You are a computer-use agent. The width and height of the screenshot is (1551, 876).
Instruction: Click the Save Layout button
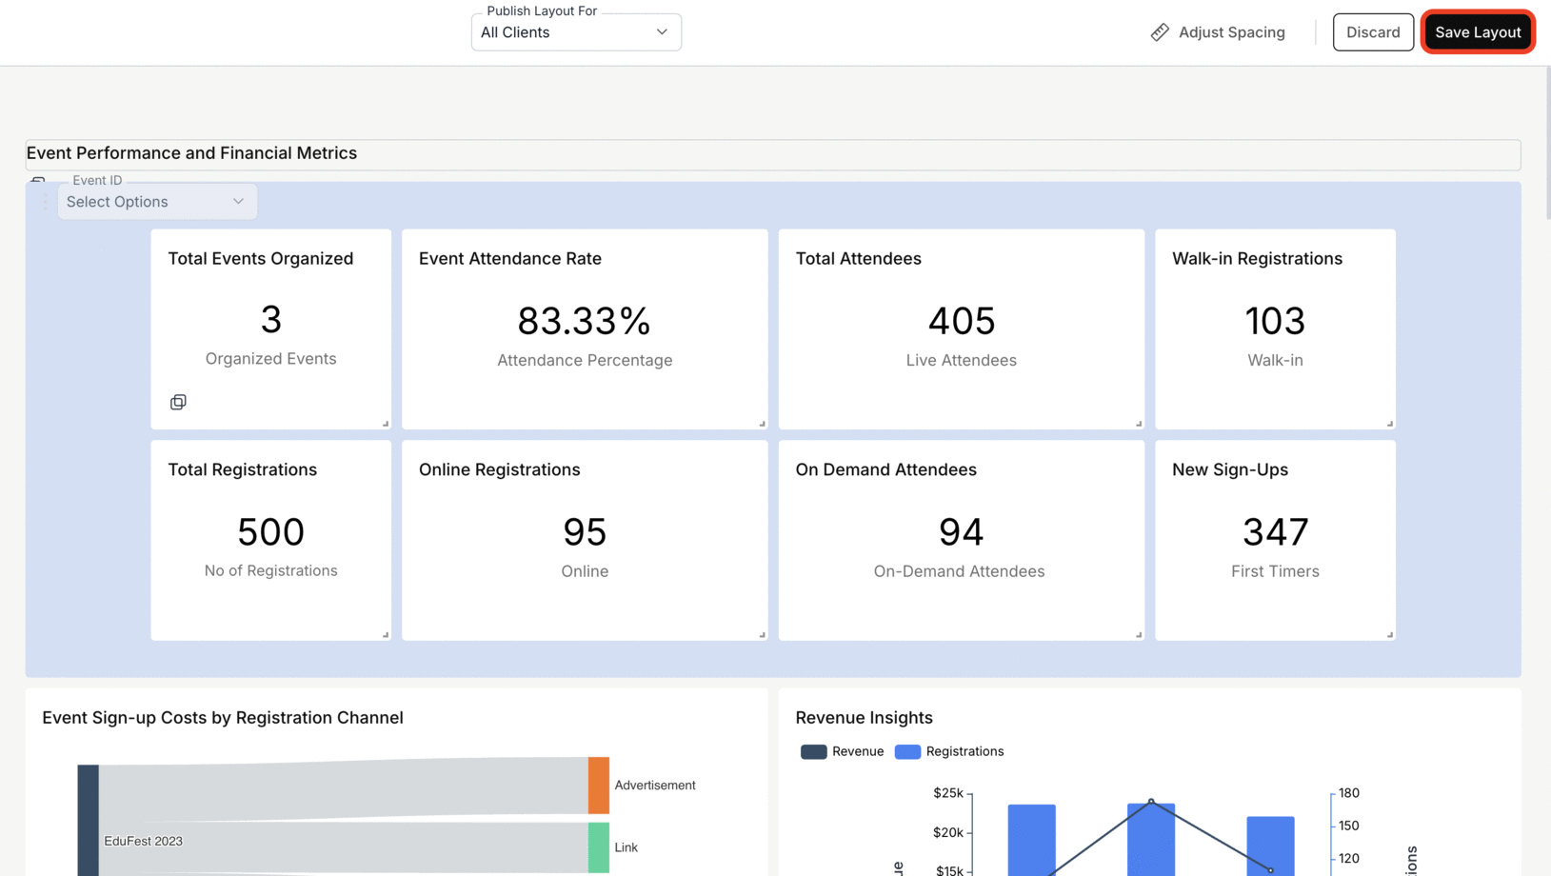point(1478,32)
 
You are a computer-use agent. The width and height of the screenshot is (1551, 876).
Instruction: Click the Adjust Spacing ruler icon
point(1160,32)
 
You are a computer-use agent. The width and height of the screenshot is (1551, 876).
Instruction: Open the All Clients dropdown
point(576,32)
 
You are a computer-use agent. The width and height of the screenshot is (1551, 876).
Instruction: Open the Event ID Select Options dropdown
point(157,202)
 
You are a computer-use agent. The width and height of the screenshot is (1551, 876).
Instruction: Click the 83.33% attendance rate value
point(584,321)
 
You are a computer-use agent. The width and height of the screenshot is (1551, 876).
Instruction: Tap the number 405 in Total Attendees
point(961,321)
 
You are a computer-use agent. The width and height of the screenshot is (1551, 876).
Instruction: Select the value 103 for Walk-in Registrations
point(1275,321)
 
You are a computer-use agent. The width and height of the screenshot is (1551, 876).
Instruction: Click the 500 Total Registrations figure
point(270,531)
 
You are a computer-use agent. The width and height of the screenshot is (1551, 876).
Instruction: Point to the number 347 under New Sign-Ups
point(1275,531)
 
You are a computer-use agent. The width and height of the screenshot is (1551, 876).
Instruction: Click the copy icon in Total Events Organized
point(178,402)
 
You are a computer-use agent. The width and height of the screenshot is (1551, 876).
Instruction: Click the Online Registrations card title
point(499,469)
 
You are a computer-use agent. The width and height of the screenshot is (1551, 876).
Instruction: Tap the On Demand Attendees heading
point(885,469)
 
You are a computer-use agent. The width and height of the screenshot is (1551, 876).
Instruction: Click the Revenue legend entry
point(843,751)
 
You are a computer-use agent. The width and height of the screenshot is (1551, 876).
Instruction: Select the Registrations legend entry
point(950,751)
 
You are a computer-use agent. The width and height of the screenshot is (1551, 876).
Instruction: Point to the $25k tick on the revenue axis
point(948,792)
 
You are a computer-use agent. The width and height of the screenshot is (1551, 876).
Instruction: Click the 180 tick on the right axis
point(1348,792)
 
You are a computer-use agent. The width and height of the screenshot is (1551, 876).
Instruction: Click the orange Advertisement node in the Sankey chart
point(599,786)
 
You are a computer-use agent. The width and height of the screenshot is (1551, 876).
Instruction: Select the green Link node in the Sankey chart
point(599,847)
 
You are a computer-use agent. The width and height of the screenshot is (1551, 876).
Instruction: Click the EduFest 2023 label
point(143,841)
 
